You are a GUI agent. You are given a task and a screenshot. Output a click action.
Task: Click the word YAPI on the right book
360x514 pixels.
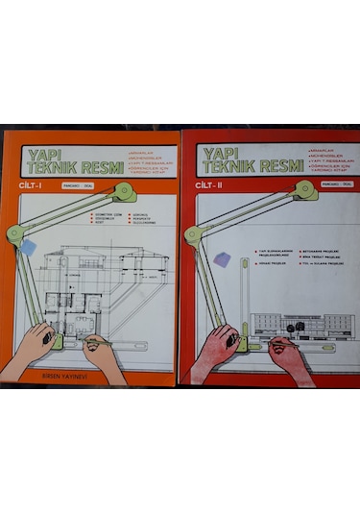tap(219, 153)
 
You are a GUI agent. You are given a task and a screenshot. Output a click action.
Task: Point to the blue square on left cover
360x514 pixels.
tap(29, 246)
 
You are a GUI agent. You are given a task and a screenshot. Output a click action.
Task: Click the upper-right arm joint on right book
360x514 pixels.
tap(308, 192)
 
